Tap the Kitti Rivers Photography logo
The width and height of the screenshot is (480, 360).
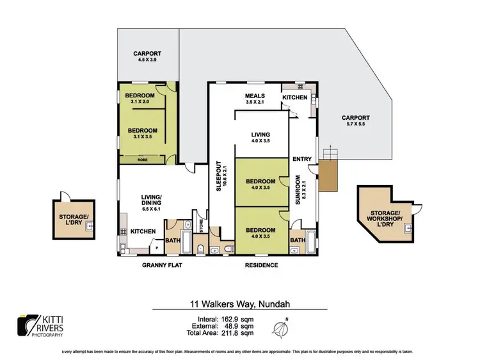click(40, 325)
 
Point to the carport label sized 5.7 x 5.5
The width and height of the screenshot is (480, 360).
click(355, 120)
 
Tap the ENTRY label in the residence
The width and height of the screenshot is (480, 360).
click(301, 158)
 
